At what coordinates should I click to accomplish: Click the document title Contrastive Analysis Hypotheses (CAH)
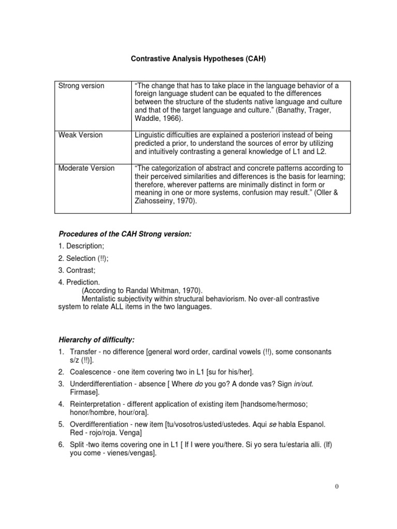coord(198,59)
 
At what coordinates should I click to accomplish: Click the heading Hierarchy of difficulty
coord(96,339)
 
